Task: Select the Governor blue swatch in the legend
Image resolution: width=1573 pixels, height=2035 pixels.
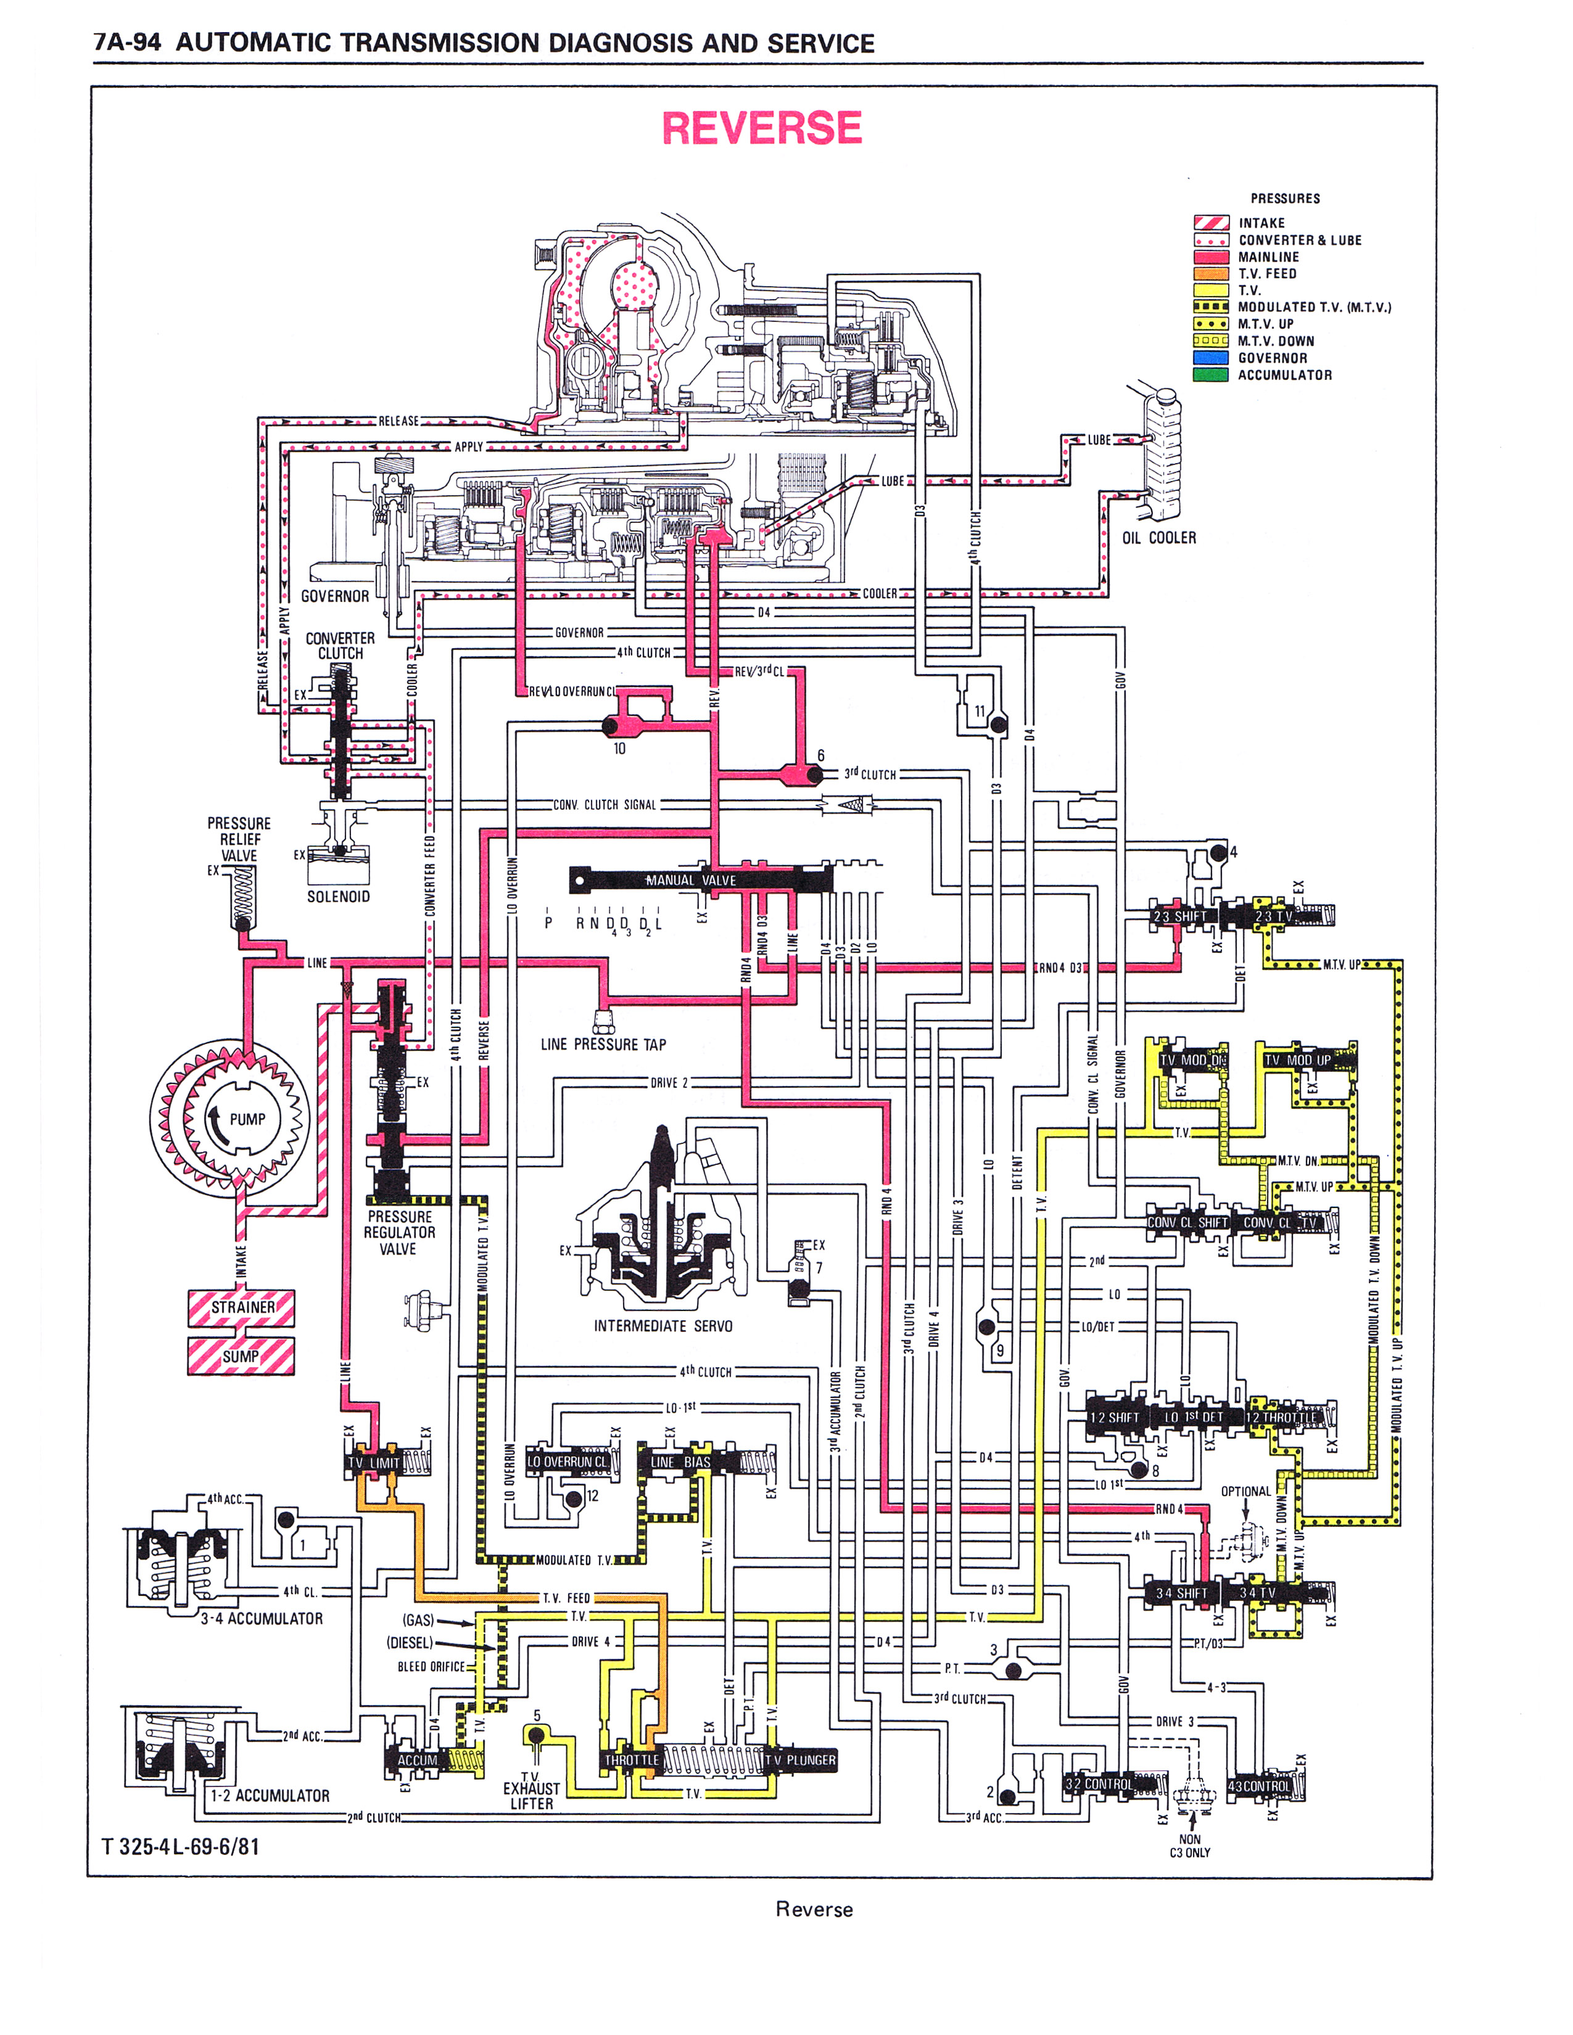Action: coord(1210,358)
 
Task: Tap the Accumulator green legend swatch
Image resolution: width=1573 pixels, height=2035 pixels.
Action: coord(1210,374)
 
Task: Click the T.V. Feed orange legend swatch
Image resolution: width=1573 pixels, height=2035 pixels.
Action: coord(1210,274)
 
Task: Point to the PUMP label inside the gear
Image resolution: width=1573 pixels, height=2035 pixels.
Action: coord(247,1119)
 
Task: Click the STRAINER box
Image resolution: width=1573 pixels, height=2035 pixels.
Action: coord(241,1307)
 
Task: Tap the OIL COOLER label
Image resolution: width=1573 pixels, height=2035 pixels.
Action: coord(1158,538)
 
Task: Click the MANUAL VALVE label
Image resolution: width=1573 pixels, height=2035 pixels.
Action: coord(690,879)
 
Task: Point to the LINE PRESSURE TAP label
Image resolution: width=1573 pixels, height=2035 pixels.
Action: coord(603,1045)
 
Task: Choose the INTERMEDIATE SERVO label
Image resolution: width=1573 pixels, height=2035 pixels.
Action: coord(663,1326)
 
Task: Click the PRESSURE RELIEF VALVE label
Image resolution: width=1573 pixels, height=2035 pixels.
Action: coord(239,839)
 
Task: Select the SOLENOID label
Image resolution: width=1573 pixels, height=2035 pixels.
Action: coord(338,897)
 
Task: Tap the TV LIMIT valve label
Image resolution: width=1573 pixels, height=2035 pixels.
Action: coord(374,1463)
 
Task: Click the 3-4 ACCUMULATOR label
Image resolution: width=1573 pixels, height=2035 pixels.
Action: coord(262,1619)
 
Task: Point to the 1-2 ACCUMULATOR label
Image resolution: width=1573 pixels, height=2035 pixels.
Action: coord(270,1796)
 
